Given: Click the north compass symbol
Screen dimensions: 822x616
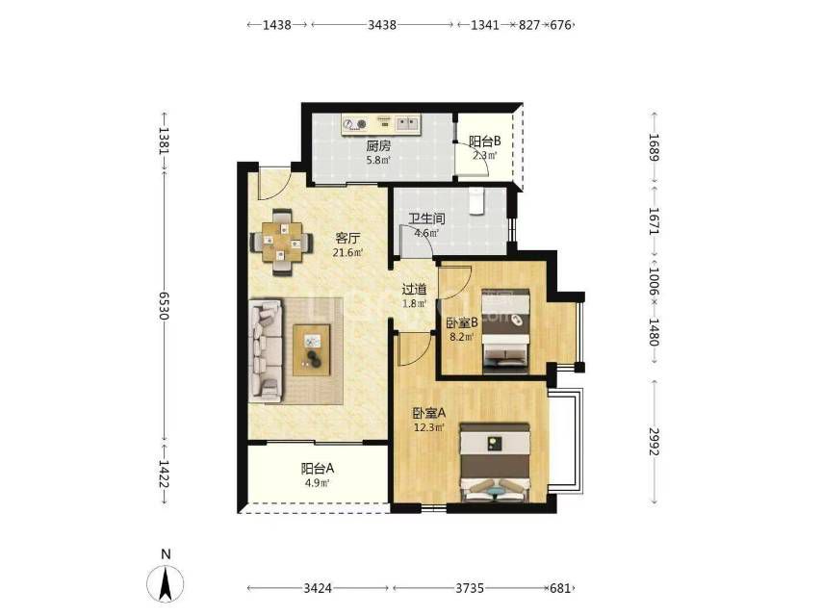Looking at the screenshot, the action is (x=166, y=583).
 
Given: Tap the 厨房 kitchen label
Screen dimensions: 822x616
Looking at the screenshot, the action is (x=378, y=145).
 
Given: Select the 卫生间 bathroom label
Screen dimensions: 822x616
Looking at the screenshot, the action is (x=426, y=218).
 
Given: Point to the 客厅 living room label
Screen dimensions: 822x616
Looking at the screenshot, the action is (x=347, y=239).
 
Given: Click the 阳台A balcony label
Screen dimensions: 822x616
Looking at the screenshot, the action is (x=318, y=468).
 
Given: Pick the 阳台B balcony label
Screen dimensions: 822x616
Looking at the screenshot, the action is (x=485, y=141).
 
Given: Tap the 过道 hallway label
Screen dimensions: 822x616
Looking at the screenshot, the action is (x=414, y=289).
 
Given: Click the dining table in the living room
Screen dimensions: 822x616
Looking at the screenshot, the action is (x=282, y=242).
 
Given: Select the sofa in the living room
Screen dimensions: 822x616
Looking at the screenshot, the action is (x=266, y=350).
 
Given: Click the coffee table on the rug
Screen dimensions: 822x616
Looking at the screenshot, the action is (x=312, y=349).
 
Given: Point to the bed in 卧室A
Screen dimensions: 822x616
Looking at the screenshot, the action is (x=496, y=462).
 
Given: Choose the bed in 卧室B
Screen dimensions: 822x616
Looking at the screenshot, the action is (x=505, y=330).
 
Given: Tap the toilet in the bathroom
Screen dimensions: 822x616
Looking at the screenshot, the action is (x=475, y=201).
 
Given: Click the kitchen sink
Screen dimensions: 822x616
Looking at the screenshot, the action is (x=407, y=124).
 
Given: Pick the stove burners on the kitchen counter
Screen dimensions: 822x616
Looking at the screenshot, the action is (x=354, y=124).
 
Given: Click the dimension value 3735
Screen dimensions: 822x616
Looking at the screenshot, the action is (x=469, y=588).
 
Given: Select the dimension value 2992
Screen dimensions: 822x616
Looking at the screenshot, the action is (x=654, y=442).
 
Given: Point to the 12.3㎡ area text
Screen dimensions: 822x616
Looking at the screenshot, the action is (x=429, y=427).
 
